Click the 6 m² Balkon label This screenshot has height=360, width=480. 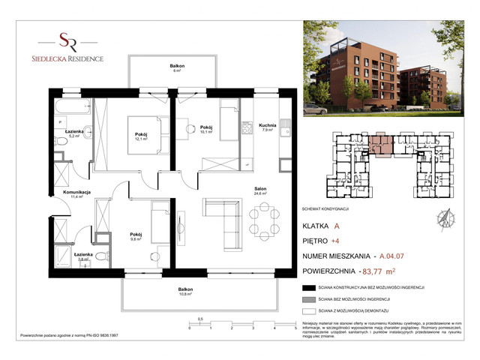tap(177, 68)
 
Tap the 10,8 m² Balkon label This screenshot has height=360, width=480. tap(185, 292)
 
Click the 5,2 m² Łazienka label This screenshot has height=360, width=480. tap(73, 133)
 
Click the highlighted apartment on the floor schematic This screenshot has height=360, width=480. tap(381, 145)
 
